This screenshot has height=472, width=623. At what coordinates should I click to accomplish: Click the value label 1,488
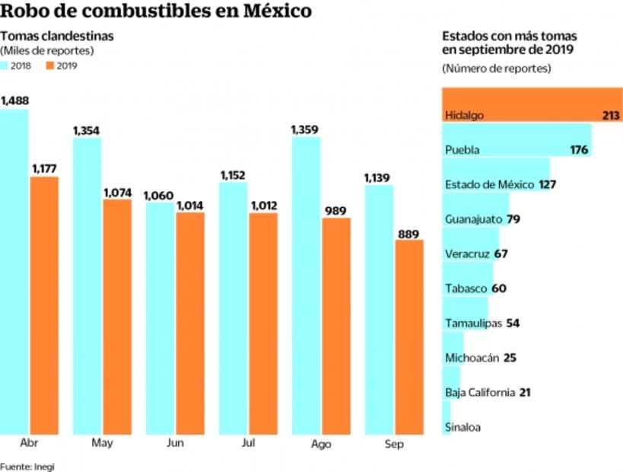pyautogui.click(x=14, y=101)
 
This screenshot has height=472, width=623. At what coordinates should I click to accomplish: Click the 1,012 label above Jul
pyautogui.click(x=263, y=205)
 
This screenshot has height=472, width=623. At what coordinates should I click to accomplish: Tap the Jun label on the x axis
pyautogui.click(x=175, y=444)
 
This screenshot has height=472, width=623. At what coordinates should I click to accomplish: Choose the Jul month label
pyautogui.click(x=248, y=444)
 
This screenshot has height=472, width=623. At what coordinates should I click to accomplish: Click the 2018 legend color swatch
pyautogui.click(x=5, y=65)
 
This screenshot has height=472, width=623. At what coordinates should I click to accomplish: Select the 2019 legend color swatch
pyautogui.click(x=51, y=65)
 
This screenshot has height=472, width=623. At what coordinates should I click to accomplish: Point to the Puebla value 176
pyautogui.click(x=579, y=150)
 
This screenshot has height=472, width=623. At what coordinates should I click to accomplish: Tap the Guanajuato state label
pyautogui.click(x=469, y=219)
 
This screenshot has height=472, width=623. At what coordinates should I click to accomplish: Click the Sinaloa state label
pyautogui.click(x=462, y=427)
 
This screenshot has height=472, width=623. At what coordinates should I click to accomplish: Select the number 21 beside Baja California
pyautogui.click(x=525, y=392)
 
